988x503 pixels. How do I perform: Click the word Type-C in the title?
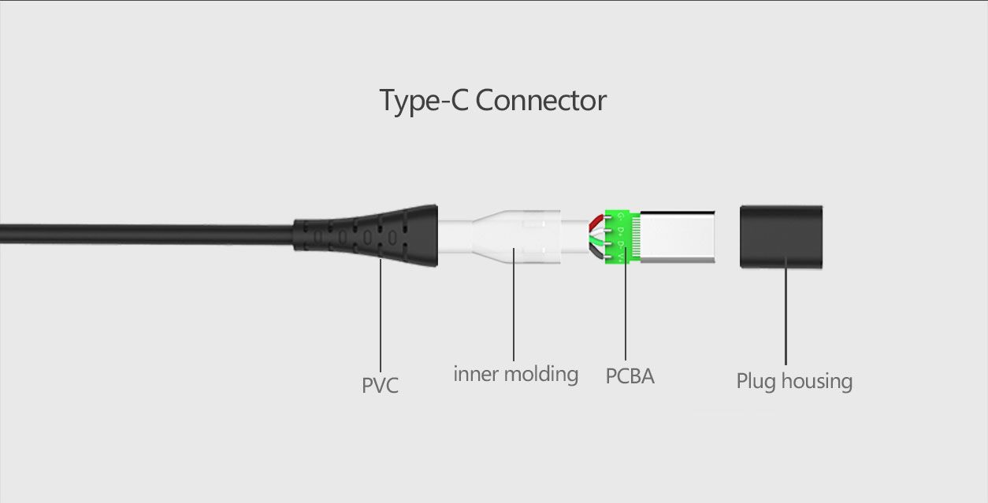(423, 102)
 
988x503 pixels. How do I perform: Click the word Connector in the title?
(540, 101)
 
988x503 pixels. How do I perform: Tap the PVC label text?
(380, 385)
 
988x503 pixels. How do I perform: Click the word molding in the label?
(540, 374)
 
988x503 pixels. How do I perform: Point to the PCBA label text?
(630, 376)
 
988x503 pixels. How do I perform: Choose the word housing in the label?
(817, 381)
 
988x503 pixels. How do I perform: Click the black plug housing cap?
(781, 237)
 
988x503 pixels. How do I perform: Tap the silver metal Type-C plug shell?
(678, 237)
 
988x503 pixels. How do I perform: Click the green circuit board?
(622, 237)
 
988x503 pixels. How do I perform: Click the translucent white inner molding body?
(514, 237)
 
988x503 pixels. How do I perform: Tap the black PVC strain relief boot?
(366, 236)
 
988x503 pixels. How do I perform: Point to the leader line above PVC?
(381, 316)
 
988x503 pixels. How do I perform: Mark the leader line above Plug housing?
(786, 311)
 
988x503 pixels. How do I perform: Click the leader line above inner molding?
(514, 305)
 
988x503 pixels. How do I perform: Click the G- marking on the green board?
(621, 217)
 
